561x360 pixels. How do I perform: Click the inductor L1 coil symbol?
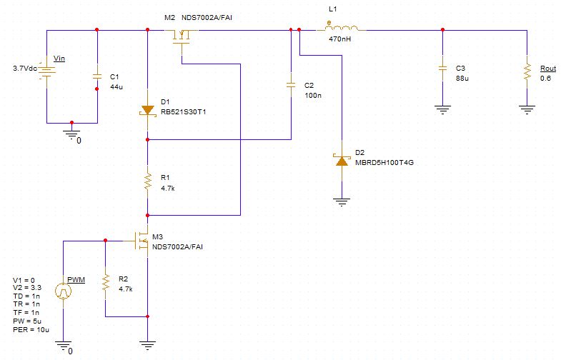tap(344, 29)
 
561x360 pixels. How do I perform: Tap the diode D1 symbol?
tap(147, 111)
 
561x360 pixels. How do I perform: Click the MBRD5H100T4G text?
tap(384, 162)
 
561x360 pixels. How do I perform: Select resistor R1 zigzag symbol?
tap(147, 181)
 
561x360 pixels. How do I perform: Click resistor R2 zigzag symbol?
tap(105, 284)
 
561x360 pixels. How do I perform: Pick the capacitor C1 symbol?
tap(97, 76)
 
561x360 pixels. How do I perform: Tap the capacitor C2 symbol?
tap(291, 84)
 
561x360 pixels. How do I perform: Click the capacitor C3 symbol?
tap(443, 69)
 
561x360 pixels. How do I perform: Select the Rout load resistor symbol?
tap(527, 71)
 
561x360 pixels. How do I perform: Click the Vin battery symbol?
tap(47, 71)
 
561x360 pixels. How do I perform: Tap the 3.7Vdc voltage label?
tap(25, 69)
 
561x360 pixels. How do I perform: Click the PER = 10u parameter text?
tap(31, 329)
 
